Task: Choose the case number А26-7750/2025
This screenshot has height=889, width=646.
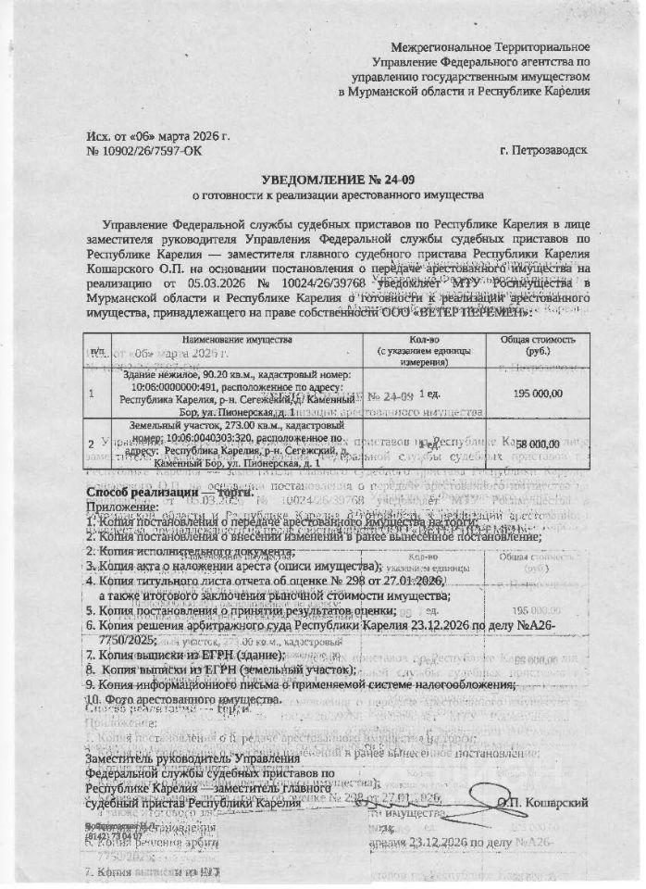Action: (x=120, y=640)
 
